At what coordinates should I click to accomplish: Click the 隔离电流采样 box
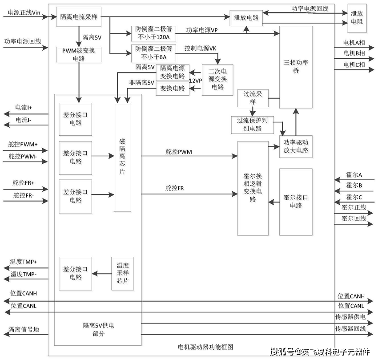pos(79,17)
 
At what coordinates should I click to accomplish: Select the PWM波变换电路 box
pos(79,54)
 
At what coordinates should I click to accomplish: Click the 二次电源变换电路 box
pos(217,79)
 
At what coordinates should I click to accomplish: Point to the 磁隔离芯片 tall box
pos(122,157)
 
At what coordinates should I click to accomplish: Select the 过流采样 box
pos(253,97)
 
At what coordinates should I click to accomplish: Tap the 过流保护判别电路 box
pos(252,125)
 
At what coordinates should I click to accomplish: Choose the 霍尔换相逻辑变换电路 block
pos(253,188)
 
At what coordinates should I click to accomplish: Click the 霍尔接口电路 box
pos(296,201)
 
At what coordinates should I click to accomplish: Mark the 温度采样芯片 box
pos(122,274)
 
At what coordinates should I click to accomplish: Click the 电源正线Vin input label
pos(24,13)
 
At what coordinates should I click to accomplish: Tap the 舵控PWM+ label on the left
pos(23,144)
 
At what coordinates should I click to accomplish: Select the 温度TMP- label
pos(24,275)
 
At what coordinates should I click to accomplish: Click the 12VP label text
pos(196,81)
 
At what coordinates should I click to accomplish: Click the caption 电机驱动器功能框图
pos(205,347)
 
